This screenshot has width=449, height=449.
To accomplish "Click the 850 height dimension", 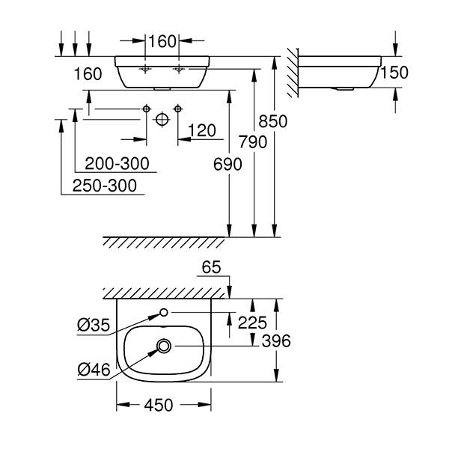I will coord(273,120).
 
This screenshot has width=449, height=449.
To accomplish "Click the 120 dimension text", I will coord(201,131).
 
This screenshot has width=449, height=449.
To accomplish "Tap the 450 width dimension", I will coord(158,405).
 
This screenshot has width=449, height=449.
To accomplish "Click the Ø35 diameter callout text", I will coord(94,324).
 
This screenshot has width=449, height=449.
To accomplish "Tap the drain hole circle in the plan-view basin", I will coord(164,346).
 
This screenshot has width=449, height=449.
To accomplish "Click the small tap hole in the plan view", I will coord(164,312).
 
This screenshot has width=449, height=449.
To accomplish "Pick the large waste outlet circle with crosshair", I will coord(162,120).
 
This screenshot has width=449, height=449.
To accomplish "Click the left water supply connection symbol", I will coord(147,110).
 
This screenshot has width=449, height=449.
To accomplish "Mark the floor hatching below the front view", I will coord(165,242).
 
